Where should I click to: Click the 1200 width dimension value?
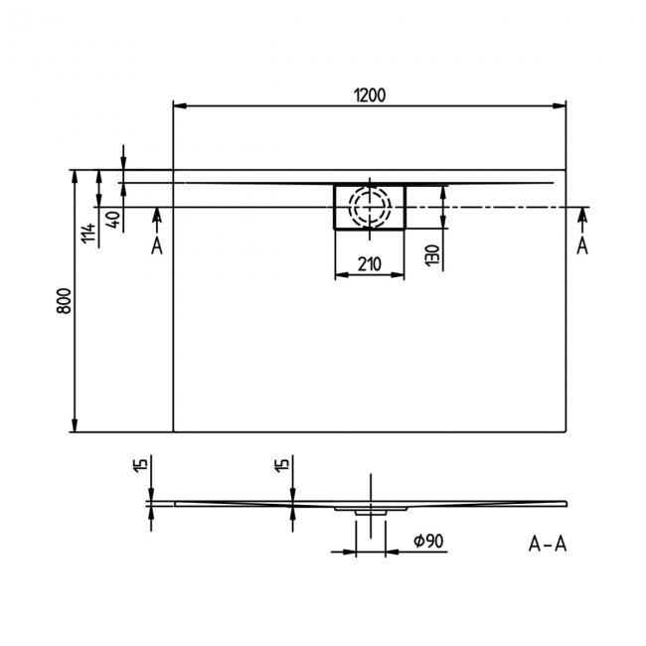[x=370, y=95]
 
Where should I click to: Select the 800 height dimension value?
[x=64, y=301]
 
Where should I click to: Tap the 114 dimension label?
[x=88, y=234]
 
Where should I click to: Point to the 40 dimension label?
[x=114, y=219]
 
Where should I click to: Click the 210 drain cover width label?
[x=370, y=264]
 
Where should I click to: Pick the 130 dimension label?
[x=432, y=255]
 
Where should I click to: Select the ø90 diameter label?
[x=428, y=541]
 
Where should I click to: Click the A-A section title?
[x=548, y=545]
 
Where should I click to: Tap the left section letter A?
[x=157, y=246]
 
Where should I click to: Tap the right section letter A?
[x=582, y=246]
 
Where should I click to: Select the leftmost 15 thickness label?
[x=141, y=464]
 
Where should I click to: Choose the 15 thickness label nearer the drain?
[x=282, y=464]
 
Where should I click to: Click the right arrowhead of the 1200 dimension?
[x=560, y=106]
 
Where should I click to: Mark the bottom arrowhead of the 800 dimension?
[x=75, y=425]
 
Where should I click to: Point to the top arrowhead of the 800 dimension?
[x=75, y=177]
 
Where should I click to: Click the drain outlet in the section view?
[x=371, y=512]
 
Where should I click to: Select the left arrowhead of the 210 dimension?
[x=342, y=274]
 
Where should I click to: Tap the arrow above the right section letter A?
[x=582, y=222]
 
